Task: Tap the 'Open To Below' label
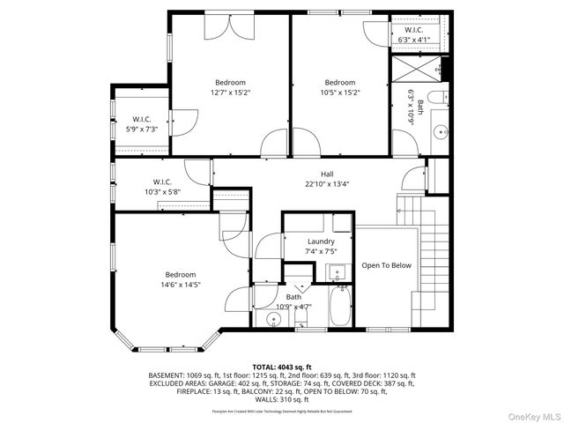point(386,265)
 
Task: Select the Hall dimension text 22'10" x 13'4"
point(327,184)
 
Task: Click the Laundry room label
point(321,241)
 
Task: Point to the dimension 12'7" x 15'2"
point(230,92)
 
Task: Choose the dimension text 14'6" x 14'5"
point(181,285)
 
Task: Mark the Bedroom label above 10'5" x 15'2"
point(339,82)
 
